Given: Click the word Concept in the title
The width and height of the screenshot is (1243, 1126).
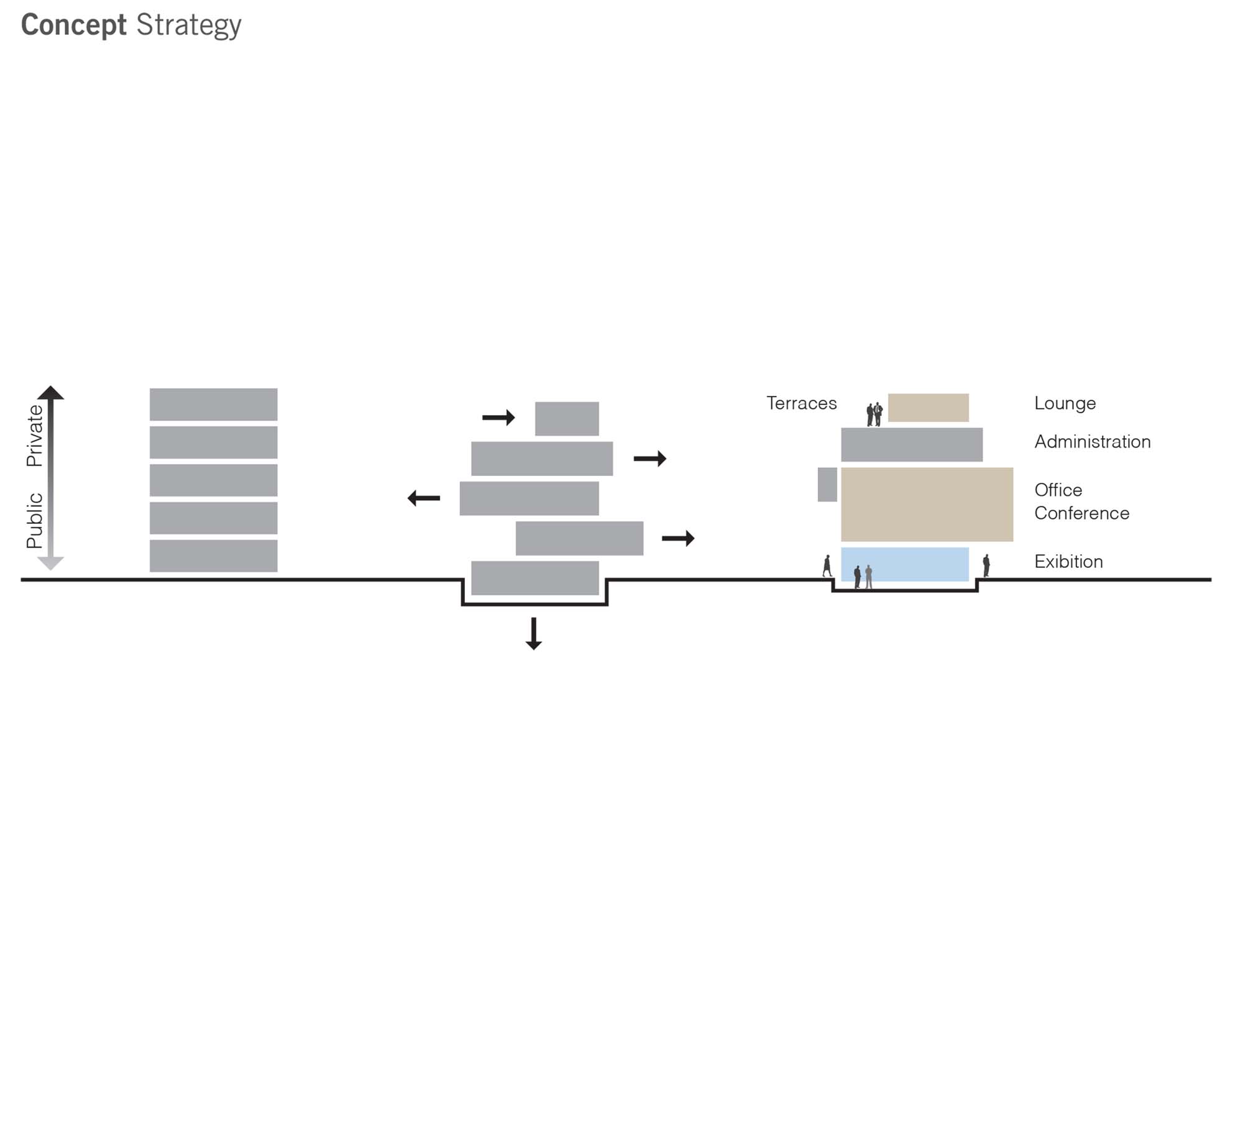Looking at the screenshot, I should tap(73, 25).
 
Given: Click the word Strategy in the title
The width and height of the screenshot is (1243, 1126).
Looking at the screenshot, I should tap(188, 25).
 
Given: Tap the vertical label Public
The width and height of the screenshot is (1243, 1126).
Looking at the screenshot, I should tap(35, 520).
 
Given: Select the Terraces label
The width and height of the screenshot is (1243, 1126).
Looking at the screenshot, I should tap(801, 403).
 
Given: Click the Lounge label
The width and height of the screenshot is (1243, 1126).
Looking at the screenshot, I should tap(1065, 403).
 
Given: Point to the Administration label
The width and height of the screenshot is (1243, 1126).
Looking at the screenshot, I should tap(1092, 442).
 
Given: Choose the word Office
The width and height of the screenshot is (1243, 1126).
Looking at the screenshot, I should tap(1058, 490).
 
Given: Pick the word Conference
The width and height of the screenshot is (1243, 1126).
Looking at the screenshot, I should tap(1081, 513).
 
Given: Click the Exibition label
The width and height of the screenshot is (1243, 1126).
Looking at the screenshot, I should tap(1068, 562).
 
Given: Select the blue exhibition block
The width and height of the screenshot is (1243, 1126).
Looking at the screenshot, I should tap(904, 564).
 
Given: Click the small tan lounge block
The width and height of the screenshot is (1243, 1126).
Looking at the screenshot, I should tap(928, 408).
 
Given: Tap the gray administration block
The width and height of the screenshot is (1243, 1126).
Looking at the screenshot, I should tap(911, 444).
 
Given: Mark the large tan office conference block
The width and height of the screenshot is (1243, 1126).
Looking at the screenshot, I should tap(927, 504).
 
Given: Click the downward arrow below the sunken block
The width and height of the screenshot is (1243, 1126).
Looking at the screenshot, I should tap(533, 634).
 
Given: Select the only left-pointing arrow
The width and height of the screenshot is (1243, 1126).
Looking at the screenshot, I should tap(424, 498).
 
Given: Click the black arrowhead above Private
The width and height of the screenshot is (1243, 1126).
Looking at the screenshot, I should tap(50, 393).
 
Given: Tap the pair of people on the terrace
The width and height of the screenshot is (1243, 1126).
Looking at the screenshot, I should tap(874, 414).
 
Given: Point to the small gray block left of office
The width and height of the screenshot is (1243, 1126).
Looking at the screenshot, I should tap(827, 485).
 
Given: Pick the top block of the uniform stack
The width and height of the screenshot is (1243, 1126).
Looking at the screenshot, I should tap(213, 405).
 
